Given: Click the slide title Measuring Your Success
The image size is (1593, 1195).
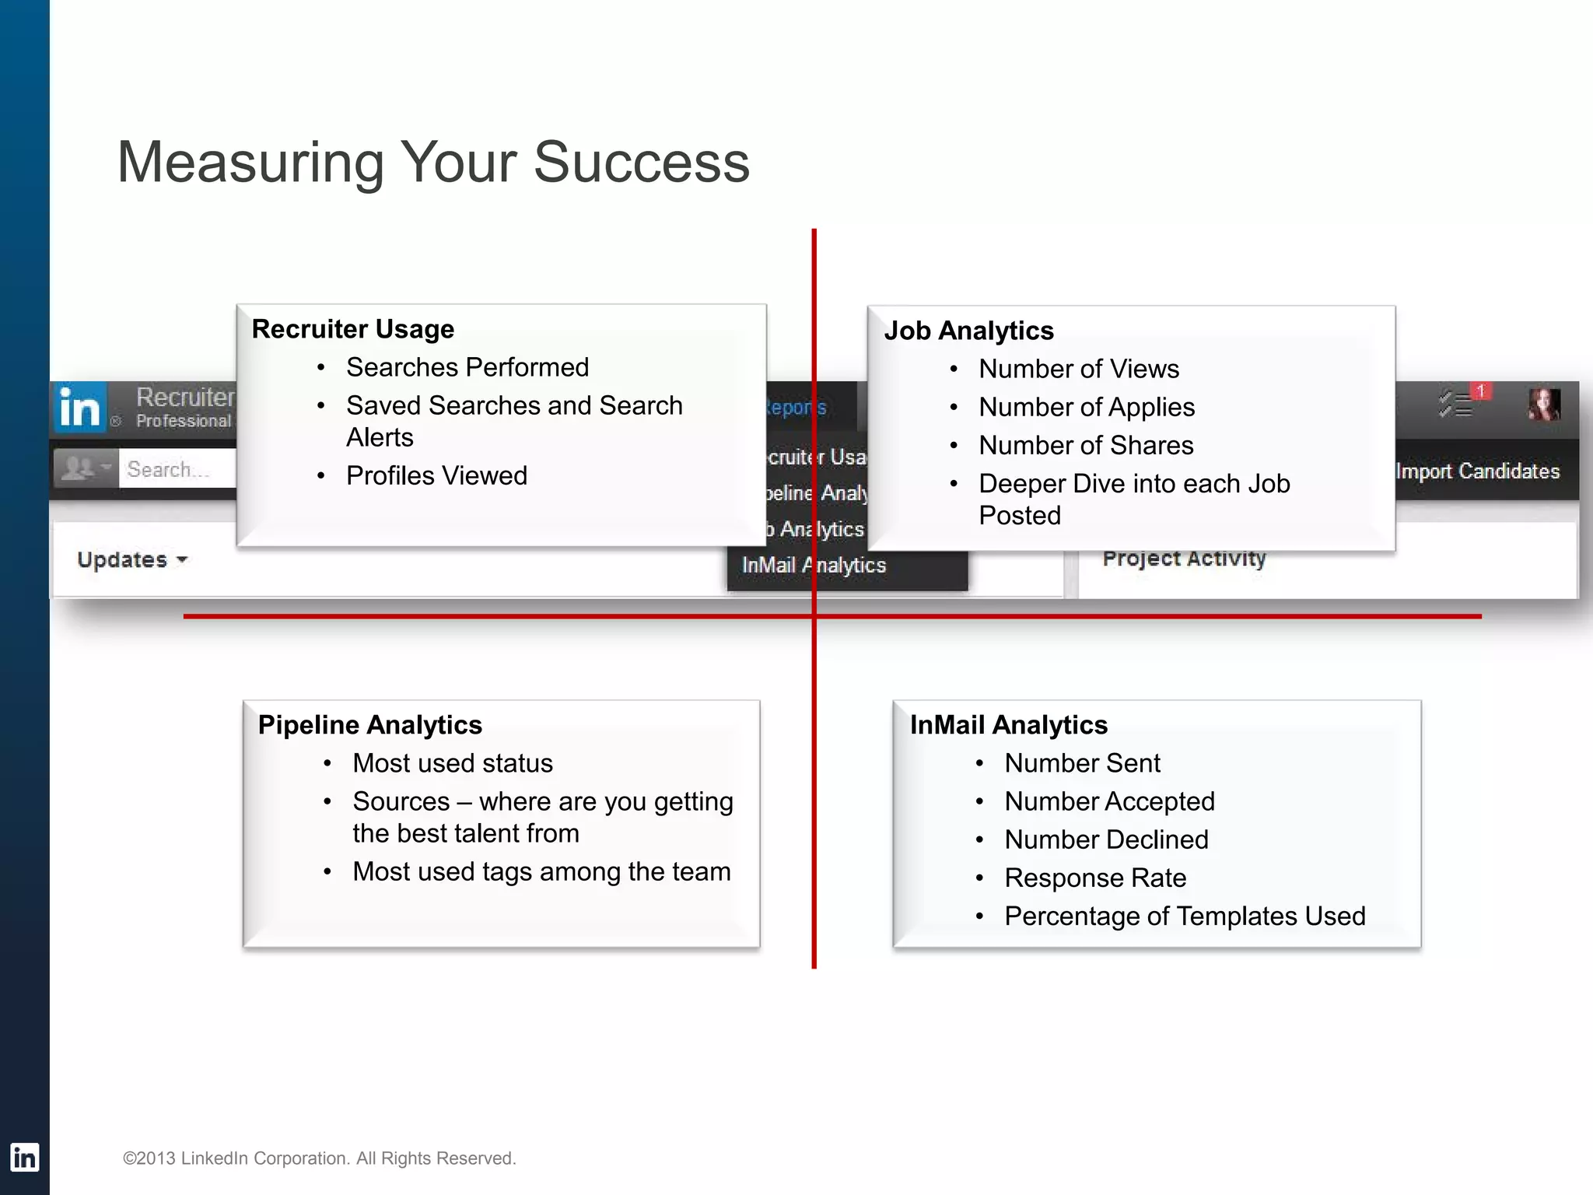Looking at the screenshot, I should [x=433, y=162].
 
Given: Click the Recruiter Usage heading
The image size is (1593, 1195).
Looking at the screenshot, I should [x=352, y=329].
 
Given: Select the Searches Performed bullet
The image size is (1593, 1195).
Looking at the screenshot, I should [x=467, y=367].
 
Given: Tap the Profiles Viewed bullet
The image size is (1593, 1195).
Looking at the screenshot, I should [x=436, y=475].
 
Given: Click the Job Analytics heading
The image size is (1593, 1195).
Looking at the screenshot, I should [x=968, y=331].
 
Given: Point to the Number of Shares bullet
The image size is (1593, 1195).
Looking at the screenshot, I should [x=1085, y=445].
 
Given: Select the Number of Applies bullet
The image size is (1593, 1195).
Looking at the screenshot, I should [x=1086, y=407].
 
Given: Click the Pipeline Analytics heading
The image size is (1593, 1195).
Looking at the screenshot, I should [x=369, y=725].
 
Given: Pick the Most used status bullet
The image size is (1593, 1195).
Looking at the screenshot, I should [x=452, y=763].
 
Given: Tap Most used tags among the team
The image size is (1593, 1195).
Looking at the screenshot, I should [x=541, y=871].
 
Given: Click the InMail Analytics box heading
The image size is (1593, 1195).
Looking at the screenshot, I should [x=1008, y=725].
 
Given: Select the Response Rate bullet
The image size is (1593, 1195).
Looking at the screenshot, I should [x=1094, y=878].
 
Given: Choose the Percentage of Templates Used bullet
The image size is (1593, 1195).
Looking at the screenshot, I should [x=1184, y=916].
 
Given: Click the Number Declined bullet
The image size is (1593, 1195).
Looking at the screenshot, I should [x=1105, y=839].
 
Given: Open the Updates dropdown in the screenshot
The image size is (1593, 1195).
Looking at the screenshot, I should [x=132, y=559].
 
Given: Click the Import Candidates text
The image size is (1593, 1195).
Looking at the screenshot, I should [x=1477, y=471].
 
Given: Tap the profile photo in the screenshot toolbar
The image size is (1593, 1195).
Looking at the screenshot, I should [x=1543, y=405].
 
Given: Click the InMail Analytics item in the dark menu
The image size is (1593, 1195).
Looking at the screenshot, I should [x=813, y=566].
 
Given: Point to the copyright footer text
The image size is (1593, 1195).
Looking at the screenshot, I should [x=319, y=1158].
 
